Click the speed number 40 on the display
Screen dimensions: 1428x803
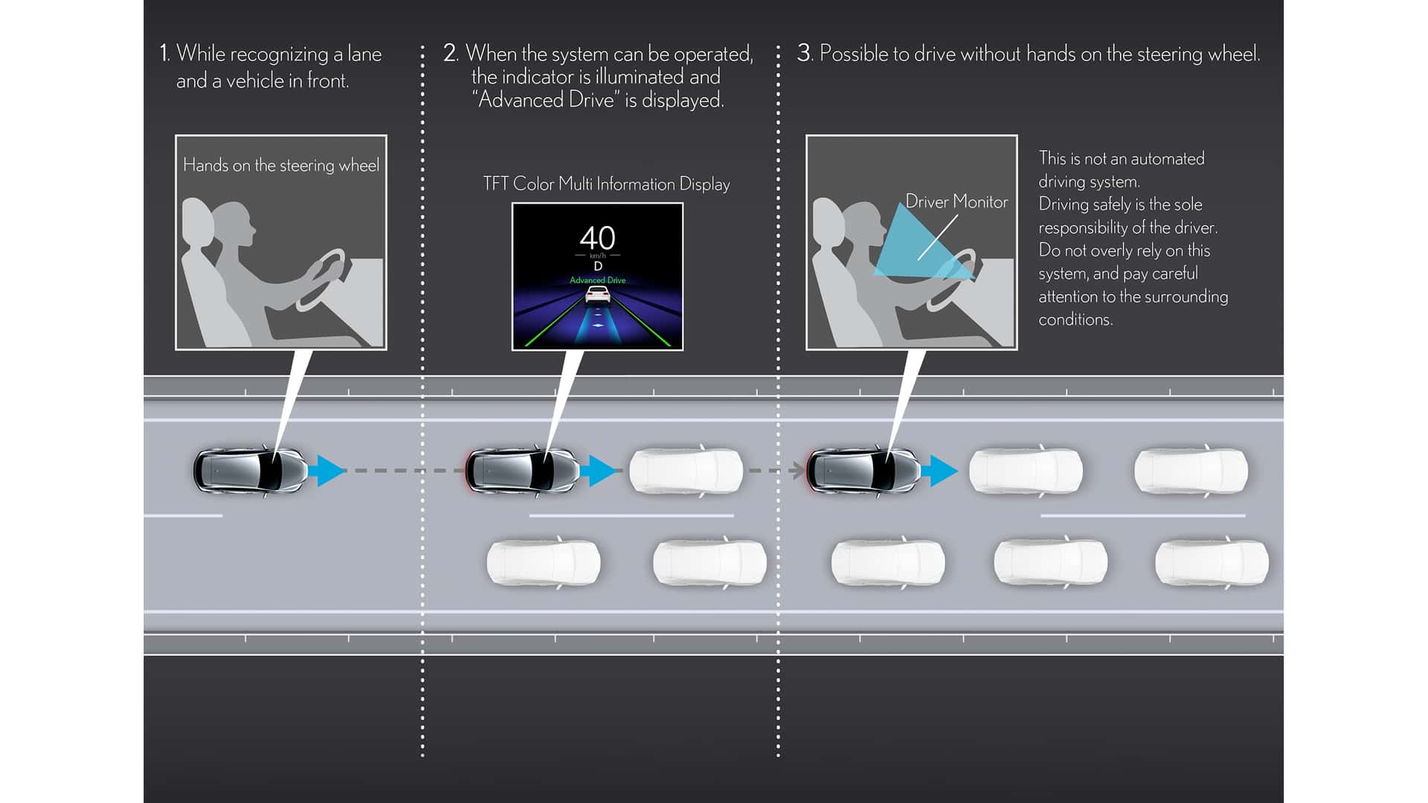coord(597,238)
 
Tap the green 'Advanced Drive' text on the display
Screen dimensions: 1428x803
coord(597,280)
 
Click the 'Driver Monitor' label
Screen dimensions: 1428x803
coord(956,201)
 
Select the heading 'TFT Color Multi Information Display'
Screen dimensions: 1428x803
coord(606,184)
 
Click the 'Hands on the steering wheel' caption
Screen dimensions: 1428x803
coord(281,165)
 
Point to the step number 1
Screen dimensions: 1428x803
coord(164,54)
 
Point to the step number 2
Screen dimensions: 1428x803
coord(450,53)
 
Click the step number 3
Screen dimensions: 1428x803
coord(804,53)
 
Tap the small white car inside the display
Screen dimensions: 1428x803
coord(597,295)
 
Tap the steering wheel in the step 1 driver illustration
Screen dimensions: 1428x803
coord(324,278)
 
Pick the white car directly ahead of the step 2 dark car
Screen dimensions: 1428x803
coord(686,471)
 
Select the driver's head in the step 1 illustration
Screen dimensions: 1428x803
coord(234,223)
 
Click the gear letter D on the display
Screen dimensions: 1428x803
coord(598,266)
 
